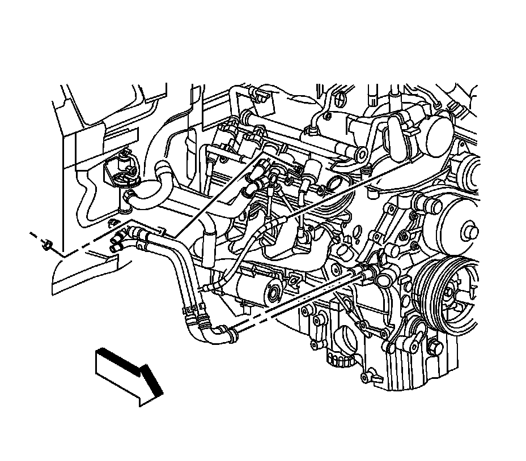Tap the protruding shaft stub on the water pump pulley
[x=470, y=231]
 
